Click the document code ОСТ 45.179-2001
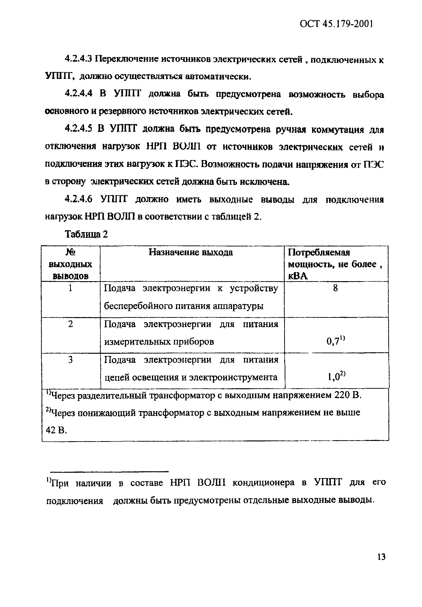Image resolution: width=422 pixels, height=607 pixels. pos(336,24)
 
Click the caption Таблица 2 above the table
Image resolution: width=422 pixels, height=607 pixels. pos(86,234)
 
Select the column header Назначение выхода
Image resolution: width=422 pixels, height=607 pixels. pos(191,252)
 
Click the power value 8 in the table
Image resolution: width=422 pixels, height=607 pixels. pos(335,288)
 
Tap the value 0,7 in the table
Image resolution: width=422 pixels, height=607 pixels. pos(332,341)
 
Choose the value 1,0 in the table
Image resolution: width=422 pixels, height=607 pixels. pos(333,377)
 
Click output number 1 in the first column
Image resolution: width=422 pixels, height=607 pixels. pos(70,288)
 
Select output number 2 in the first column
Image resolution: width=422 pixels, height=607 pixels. pos(70,324)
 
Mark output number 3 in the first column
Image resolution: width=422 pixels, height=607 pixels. pos(70,360)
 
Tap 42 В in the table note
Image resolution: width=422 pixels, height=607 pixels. pos(56,430)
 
